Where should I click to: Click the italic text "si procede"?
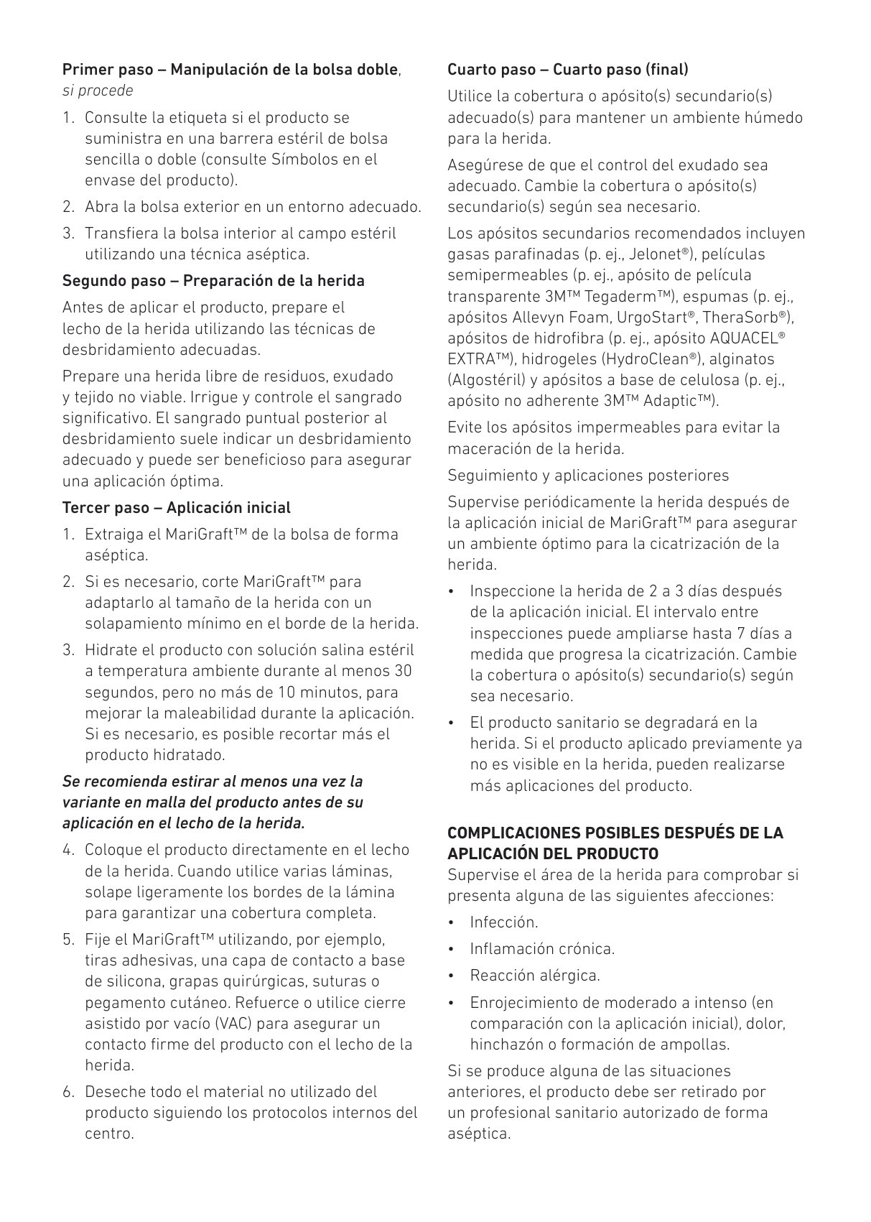(x=98, y=91)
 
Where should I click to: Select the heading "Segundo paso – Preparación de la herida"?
(x=213, y=281)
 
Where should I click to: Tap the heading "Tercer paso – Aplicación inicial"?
(x=176, y=508)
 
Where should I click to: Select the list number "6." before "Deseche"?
(x=69, y=1092)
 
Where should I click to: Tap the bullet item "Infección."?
(x=503, y=922)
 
